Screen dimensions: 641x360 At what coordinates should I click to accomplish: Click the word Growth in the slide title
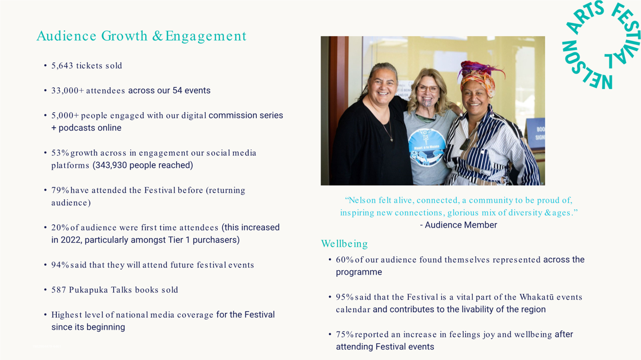pyautogui.click(x=124, y=36)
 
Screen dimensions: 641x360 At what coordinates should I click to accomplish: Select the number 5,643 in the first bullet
pyautogui.click(x=62, y=66)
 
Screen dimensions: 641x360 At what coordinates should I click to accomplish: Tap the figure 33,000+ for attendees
pyautogui.click(x=68, y=91)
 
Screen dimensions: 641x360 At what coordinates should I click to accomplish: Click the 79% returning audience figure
pyautogui.click(x=60, y=190)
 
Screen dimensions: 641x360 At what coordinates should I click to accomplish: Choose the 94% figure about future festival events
pyautogui.click(x=60, y=265)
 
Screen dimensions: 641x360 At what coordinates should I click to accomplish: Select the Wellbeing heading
pyautogui.click(x=344, y=243)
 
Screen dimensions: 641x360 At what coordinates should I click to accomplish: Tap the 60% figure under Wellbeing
pyautogui.click(x=345, y=260)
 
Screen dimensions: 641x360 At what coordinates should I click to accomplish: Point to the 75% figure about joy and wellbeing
pyautogui.click(x=345, y=335)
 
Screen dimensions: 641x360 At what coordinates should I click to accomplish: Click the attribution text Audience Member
pyautogui.click(x=461, y=225)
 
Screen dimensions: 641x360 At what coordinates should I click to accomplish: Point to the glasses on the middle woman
pyautogui.click(x=428, y=88)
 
